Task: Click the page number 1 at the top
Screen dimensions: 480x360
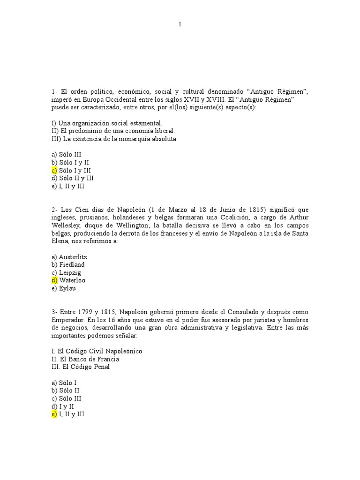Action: [x=180, y=25]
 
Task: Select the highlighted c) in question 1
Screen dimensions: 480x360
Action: [x=54, y=170]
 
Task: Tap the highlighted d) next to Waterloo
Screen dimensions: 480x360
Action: [x=54, y=280]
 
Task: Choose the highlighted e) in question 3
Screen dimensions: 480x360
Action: [x=54, y=415]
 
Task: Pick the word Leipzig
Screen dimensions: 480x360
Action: [x=70, y=272]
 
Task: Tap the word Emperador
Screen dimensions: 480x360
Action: [x=68, y=320]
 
